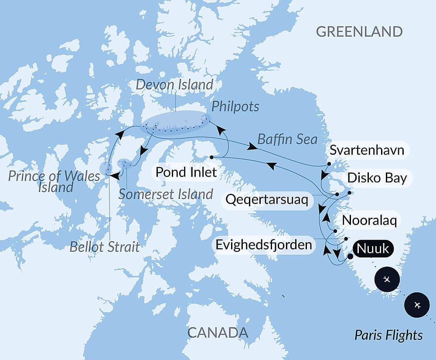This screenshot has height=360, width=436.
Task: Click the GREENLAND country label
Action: point(359,32)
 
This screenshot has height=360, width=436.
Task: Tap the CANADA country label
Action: point(218,333)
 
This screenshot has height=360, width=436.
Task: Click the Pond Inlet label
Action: point(186,172)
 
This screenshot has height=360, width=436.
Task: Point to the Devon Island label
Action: point(174,84)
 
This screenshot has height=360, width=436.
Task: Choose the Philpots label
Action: point(235,106)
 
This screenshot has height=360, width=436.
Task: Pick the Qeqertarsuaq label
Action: point(267,200)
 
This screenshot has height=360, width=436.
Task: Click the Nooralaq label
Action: point(370,220)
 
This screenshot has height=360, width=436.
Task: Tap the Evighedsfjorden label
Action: point(264,244)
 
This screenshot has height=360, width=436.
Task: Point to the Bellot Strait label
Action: point(105,247)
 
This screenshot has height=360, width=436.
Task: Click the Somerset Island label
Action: point(166,194)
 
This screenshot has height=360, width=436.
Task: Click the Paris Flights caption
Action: point(388,335)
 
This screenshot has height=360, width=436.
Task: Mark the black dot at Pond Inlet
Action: point(211,157)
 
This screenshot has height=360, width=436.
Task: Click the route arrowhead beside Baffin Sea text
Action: point(252,147)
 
